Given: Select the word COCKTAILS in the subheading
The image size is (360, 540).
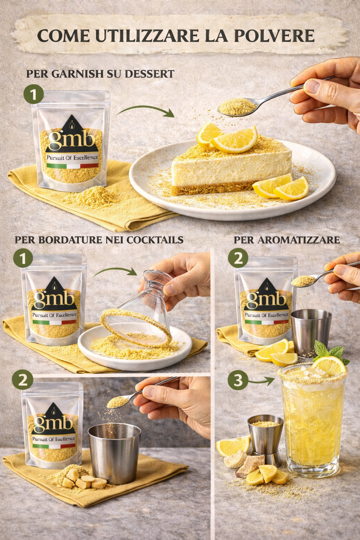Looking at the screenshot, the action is tap(155, 240).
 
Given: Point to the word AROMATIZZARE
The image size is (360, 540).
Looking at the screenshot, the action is tap(298, 240).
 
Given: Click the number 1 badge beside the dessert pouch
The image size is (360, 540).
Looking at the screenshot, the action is tap(33, 95).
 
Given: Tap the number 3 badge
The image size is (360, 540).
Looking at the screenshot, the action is tap(238, 380).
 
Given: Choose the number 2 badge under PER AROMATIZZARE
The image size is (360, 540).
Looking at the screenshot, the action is tap(238, 258).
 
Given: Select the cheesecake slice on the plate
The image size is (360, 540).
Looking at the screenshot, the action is tap(231, 166).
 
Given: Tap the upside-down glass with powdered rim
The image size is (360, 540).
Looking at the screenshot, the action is tap(140, 309).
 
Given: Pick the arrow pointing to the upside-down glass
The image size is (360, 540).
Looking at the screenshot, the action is tap(116, 271).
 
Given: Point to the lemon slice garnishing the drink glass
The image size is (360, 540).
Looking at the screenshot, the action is tap(329, 366).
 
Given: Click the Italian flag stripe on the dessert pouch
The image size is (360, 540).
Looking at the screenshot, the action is tap(72, 166).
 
